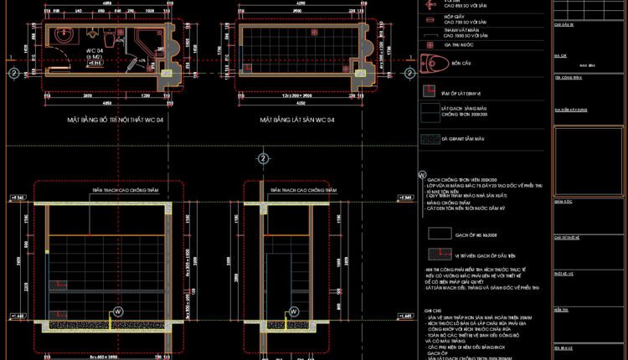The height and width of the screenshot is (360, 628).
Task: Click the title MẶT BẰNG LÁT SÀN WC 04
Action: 297,121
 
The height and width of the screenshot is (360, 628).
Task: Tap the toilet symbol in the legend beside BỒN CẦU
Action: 433,64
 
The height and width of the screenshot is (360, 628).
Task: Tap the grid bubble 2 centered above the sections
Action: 263,157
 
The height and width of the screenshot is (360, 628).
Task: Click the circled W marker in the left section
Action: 118,311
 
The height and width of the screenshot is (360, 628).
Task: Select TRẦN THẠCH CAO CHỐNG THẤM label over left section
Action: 126,190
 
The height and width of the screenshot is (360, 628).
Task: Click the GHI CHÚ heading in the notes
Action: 433,309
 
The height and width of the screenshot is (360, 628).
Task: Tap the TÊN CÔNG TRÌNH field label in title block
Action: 569,75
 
